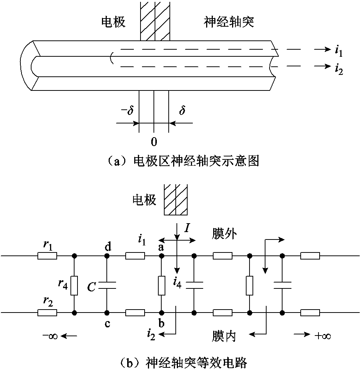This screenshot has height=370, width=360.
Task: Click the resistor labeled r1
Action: pos(47,256)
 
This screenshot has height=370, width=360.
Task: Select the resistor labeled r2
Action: pos(47,312)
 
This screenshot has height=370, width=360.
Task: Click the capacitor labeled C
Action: pos(107,285)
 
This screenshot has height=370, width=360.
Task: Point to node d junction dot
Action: pos(107,256)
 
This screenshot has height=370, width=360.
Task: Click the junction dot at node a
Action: pos(161,256)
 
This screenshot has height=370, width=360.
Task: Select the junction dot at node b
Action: pos(161,312)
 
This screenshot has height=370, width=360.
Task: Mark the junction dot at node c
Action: pos(107,312)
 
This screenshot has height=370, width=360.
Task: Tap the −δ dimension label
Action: pos(127,111)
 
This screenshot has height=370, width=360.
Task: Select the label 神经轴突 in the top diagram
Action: pos(229,23)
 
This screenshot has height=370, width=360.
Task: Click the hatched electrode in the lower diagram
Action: pos(176,199)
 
